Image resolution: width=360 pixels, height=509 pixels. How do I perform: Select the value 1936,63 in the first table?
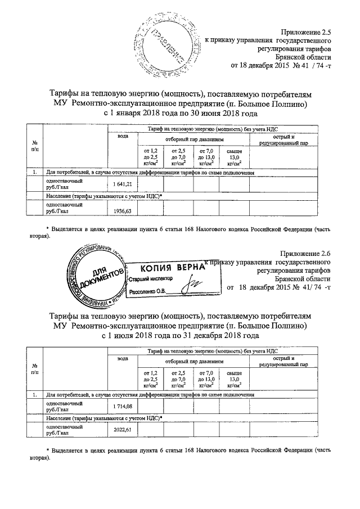(121, 210)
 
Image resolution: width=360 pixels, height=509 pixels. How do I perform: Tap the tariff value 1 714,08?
(121, 406)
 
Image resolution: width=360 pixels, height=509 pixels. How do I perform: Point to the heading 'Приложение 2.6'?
(305, 254)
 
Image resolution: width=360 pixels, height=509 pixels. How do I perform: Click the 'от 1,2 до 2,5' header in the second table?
(150, 379)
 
